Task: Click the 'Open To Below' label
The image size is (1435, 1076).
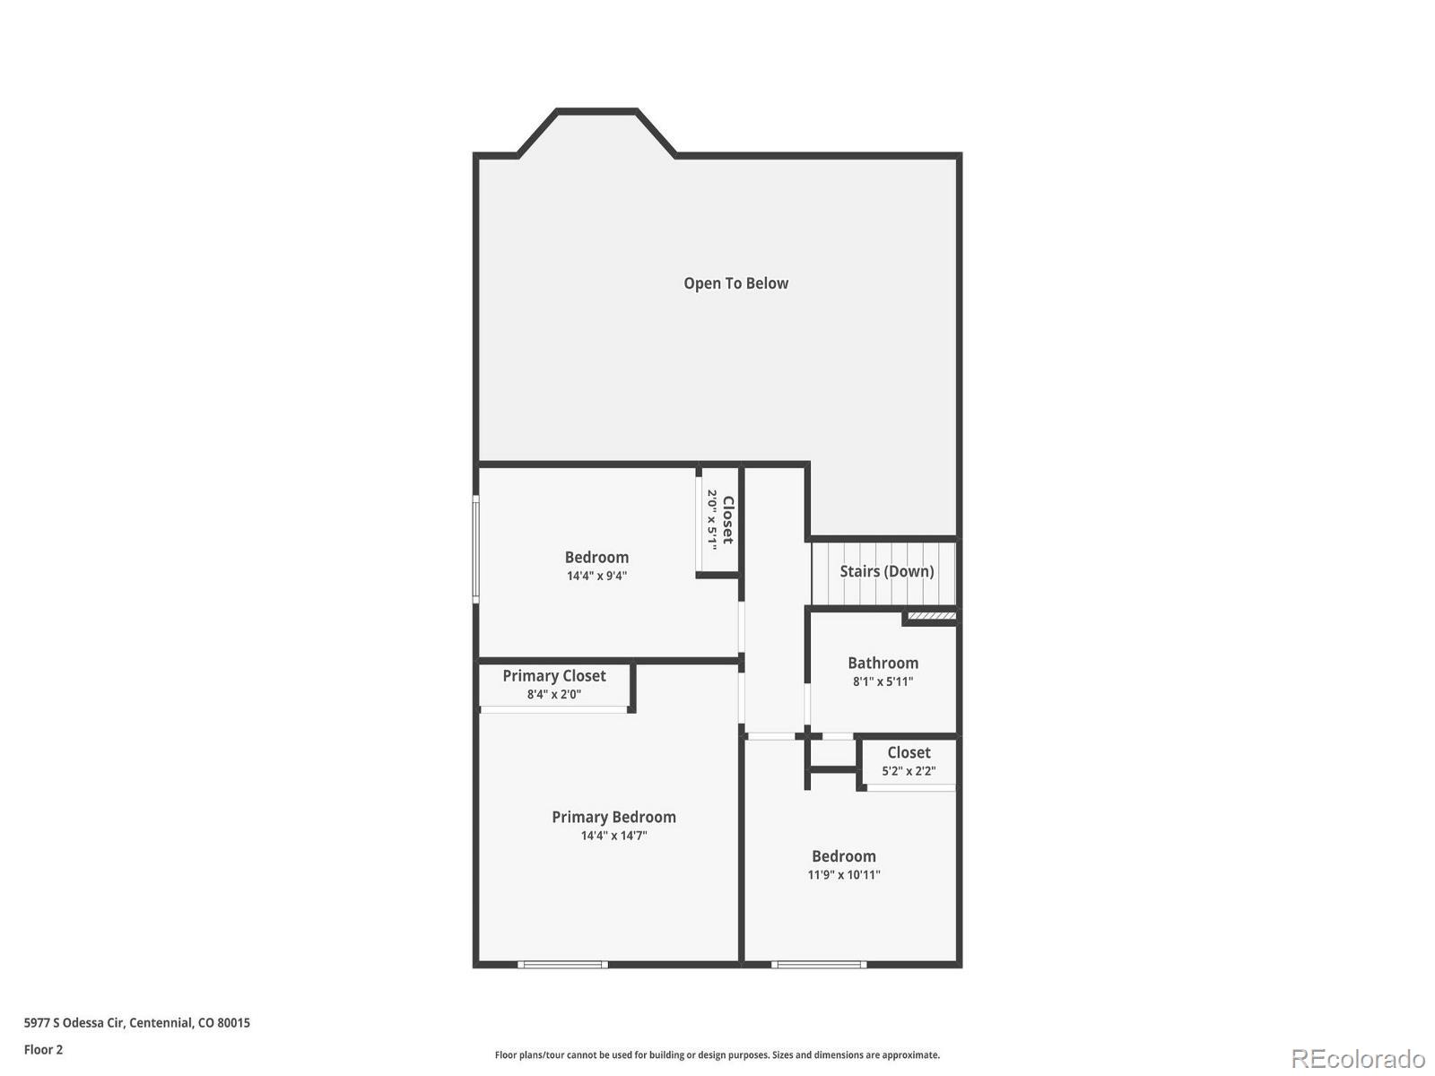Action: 735,283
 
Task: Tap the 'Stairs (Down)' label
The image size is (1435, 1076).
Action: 886,571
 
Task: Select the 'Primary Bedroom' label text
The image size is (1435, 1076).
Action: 613,817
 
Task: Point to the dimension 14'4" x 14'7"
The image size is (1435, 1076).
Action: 613,836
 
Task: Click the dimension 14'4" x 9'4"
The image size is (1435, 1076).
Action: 596,576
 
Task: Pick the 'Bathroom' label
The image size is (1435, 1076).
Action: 883,663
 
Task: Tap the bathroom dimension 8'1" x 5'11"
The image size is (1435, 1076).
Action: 883,681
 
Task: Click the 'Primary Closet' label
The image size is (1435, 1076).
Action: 553,675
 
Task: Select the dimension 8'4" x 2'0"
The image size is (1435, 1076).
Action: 553,694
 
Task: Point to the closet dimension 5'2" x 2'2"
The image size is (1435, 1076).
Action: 909,771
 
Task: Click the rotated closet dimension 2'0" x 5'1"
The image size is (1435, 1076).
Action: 712,519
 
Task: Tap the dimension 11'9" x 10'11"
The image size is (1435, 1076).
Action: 844,875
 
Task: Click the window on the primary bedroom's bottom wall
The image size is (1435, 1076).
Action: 563,965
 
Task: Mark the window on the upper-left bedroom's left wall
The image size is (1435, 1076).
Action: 476,548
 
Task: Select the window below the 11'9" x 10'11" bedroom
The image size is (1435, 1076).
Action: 819,965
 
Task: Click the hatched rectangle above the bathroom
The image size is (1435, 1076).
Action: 932,616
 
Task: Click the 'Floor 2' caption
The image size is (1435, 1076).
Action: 43,1049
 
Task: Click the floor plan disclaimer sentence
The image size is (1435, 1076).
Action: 717,1055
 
